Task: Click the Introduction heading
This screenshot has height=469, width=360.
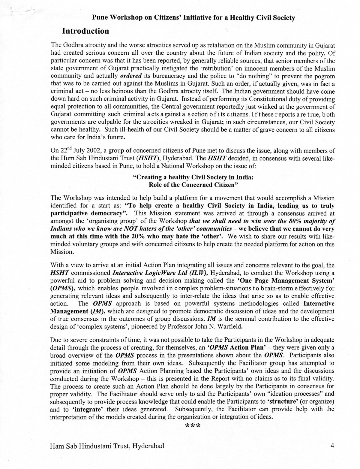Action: [85, 31]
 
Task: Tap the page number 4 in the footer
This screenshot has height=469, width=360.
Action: [332, 446]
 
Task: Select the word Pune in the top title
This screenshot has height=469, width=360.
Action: [100, 18]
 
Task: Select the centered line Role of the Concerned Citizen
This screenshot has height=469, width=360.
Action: [193, 185]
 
